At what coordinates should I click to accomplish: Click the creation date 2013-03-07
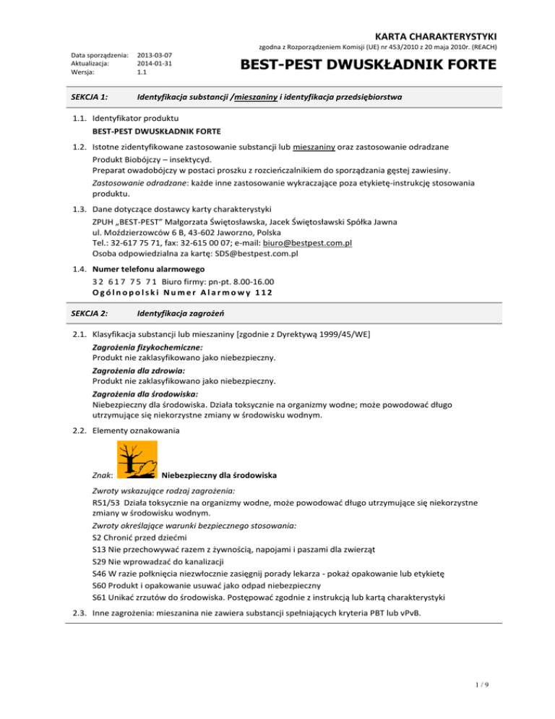coord(154,54)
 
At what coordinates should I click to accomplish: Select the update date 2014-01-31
coord(154,63)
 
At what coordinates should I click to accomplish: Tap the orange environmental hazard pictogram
coord(134,461)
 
